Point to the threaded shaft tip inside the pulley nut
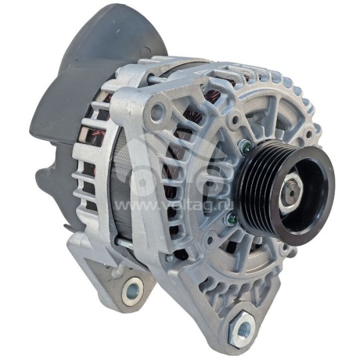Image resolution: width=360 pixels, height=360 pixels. click(x=292, y=191)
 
